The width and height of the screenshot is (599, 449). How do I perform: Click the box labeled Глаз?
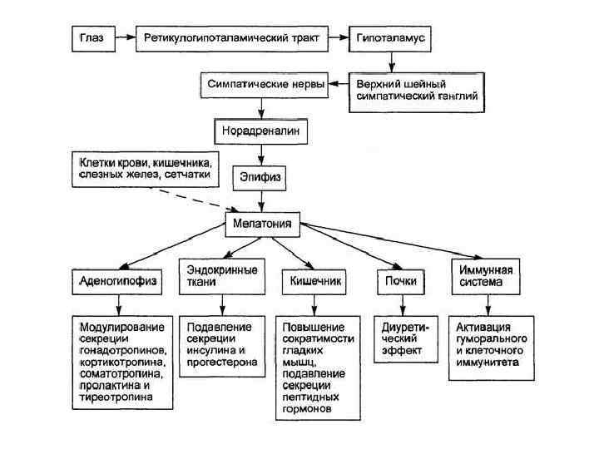pyautogui.click(x=92, y=38)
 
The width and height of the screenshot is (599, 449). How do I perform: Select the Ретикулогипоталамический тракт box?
pyautogui.click(x=230, y=38)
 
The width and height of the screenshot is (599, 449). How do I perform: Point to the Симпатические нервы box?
pyautogui.click(x=263, y=85)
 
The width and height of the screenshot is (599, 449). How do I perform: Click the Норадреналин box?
pyautogui.click(x=263, y=131)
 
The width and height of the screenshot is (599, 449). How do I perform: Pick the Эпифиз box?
pyautogui.click(x=263, y=177)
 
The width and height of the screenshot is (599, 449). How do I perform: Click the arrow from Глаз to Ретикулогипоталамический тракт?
pyautogui.click(x=125, y=38)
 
